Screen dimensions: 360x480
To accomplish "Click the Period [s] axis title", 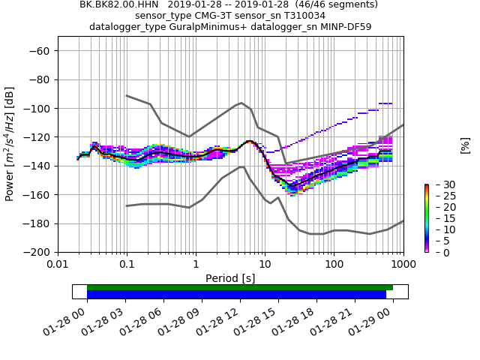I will coord(230,278).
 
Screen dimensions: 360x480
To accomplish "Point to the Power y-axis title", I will coord(10,144).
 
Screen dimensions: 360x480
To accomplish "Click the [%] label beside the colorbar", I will coord(465,145).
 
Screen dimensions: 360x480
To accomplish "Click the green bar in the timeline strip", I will coord(240,287).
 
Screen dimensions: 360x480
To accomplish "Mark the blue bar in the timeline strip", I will coord(236,295).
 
